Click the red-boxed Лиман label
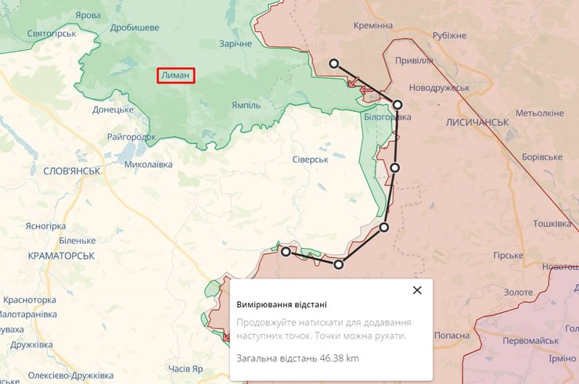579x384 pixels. click(175, 75)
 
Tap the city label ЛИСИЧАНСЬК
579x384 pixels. click(477, 123)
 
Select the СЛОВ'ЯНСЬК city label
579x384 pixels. click(71, 170)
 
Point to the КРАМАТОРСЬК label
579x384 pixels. click(60, 256)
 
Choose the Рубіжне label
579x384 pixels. click(449, 35)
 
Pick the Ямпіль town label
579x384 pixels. click(246, 106)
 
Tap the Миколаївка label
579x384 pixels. click(148, 165)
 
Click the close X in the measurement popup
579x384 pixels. click(417, 290)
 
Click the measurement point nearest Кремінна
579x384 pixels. click(334, 64)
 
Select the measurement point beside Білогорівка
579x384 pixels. click(397, 105)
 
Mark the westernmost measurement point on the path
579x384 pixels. click(286, 252)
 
